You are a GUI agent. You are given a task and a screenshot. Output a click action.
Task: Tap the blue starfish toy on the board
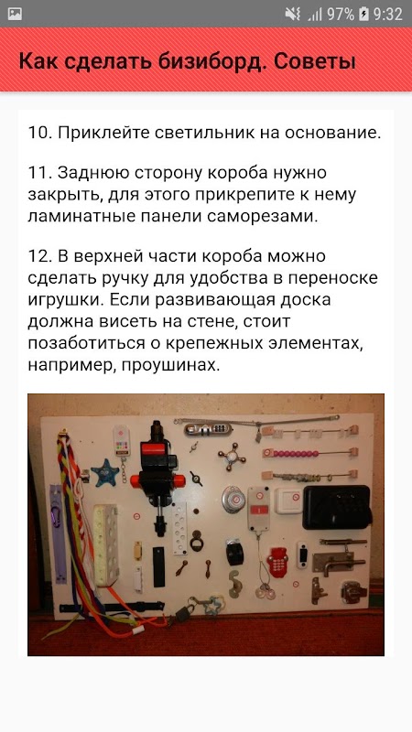coord(105,472)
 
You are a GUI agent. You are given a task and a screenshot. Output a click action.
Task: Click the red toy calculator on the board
coord(277,563)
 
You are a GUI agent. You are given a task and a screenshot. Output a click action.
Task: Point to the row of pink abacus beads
coord(296,453)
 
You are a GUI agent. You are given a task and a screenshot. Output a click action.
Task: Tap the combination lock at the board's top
coord(208,429)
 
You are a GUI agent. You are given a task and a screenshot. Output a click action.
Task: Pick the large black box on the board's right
coord(337,508)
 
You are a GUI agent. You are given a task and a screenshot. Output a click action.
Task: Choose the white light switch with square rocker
coord(288,501)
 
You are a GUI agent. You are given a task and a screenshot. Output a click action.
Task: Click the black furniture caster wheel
coord(234,553)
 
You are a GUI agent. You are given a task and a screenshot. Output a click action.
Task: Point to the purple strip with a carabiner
coord(58,533)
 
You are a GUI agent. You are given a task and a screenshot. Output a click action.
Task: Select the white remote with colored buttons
coord(122,440)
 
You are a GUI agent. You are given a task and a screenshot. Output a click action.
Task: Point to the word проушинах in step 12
coord(170,364)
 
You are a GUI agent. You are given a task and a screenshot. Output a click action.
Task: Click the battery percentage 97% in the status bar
coord(341,14)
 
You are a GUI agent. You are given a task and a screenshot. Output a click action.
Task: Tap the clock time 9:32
coord(387,14)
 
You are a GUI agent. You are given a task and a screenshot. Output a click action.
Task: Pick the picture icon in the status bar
coord(15,14)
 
